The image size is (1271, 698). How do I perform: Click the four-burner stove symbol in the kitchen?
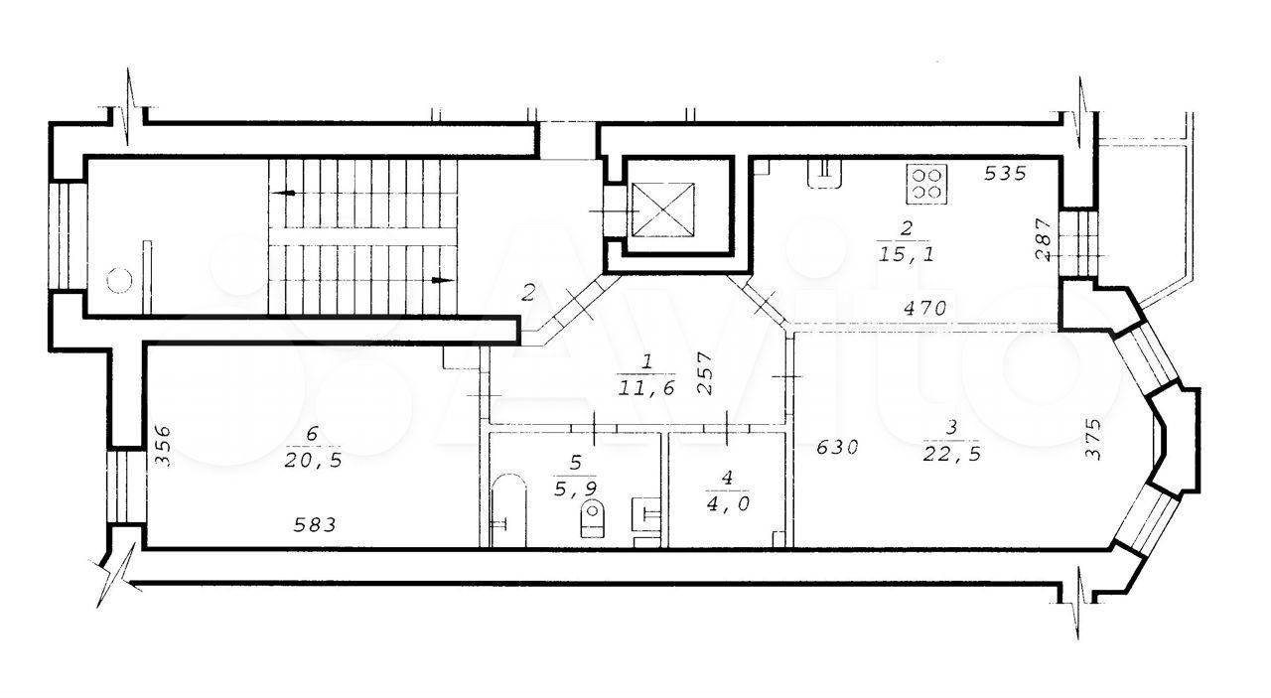click(x=926, y=184)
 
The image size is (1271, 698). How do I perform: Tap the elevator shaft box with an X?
click(x=663, y=209)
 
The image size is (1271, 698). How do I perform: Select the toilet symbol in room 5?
click(x=594, y=519)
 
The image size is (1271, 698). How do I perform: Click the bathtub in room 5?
click(x=508, y=509)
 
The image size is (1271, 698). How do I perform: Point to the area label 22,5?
click(x=952, y=455)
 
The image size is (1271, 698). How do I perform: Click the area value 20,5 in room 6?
click(x=313, y=461)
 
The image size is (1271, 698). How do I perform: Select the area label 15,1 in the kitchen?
click(x=907, y=255)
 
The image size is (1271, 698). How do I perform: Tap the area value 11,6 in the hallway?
click(x=645, y=388)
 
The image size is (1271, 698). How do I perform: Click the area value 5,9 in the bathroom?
click(x=575, y=489)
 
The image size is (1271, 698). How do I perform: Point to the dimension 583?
click(x=315, y=525)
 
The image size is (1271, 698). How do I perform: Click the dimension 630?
click(x=837, y=449)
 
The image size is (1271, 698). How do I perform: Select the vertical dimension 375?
click(x=1092, y=439)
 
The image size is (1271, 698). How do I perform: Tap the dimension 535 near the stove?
click(x=1005, y=173)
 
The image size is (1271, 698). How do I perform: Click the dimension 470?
click(x=924, y=308)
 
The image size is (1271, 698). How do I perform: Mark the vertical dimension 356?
click(x=163, y=447)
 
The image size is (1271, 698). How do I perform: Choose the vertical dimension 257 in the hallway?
click(x=704, y=373)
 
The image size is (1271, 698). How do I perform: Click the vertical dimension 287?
click(x=1044, y=239)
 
